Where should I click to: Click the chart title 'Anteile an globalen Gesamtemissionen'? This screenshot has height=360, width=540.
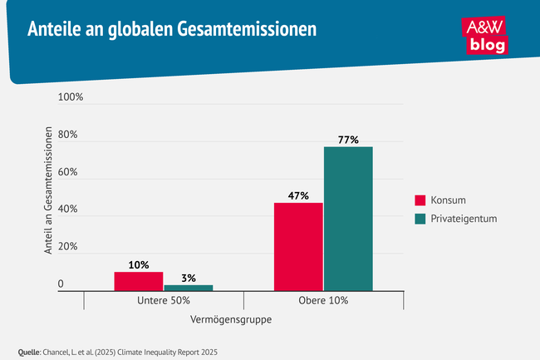(x=171, y=30)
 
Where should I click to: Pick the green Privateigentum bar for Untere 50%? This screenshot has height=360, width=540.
(x=189, y=288)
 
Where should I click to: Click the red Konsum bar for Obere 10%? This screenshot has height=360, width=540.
(x=298, y=246)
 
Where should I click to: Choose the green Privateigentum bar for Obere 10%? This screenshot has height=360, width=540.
(x=348, y=218)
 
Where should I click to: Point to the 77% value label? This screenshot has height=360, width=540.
(x=348, y=140)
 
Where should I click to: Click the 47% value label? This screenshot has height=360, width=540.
(x=298, y=196)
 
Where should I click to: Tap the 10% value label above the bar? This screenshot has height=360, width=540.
(x=139, y=265)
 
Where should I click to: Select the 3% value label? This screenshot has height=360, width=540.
(x=188, y=278)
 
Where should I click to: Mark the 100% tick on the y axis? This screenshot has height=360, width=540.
(x=71, y=98)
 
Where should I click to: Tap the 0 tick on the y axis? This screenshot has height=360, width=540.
(x=61, y=284)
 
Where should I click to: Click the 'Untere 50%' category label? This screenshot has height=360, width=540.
(x=164, y=300)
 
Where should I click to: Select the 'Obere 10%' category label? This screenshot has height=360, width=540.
(x=323, y=300)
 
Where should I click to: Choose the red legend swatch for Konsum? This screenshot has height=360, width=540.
(x=420, y=200)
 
